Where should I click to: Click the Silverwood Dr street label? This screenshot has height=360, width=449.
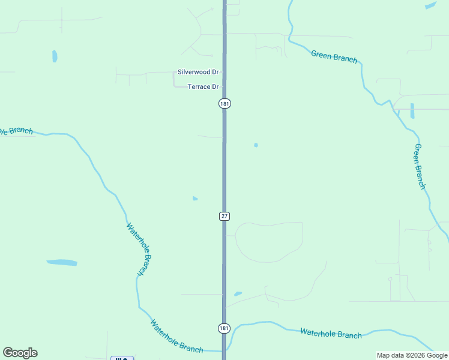(x=198, y=72)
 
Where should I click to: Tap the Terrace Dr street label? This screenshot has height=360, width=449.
(x=203, y=87)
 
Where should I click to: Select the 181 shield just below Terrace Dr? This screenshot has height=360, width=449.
(x=224, y=104)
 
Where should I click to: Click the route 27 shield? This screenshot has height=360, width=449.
(x=224, y=216)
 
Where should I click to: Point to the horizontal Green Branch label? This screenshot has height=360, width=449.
(x=334, y=57)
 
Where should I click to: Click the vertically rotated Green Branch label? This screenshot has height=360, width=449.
(x=420, y=166)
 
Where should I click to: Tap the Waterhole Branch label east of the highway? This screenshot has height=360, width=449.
(x=331, y=333)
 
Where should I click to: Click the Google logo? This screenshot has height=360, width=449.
(x=20, y=353)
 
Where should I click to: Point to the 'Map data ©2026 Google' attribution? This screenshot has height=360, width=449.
(x=412, y=355)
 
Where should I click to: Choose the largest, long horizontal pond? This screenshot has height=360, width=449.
(x=62, y=263)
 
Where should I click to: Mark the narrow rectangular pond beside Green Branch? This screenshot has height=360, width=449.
(x=412, y=111)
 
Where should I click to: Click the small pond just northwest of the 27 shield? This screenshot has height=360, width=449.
(x=195, y=199)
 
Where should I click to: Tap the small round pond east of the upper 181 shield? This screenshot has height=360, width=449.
(x=256, y=145)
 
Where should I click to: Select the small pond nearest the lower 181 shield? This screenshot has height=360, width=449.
(x=238, y=294)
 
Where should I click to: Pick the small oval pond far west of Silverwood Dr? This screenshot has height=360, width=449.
(x=55, y=56)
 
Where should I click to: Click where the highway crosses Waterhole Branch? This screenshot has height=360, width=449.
(x=224, y=350)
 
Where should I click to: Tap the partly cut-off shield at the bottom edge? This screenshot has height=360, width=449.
(x=122, y=358)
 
